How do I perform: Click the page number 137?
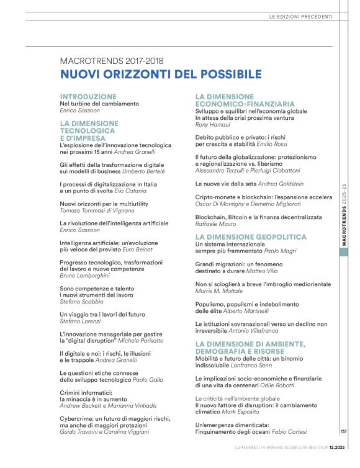(x=344, y=432)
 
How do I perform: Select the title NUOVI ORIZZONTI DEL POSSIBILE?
(x=161, y=74)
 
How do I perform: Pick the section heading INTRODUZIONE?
(x=88, y=97)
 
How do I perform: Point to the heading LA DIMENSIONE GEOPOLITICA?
(x=251, y=237)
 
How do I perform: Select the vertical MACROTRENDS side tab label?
(x=344, y=215)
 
